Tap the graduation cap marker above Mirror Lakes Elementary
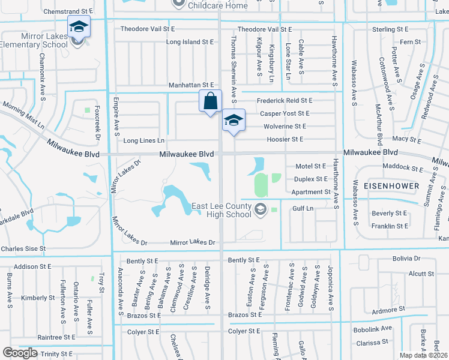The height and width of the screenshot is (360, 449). [x=78, y=27]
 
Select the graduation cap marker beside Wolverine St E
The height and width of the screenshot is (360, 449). [x=234, y=120]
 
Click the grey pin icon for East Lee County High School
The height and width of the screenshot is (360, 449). [x=260, y=209]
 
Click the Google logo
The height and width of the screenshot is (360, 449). [x=20, y=353]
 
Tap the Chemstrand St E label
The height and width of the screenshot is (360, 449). [x=68, y=11]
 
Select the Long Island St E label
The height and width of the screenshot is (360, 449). [x=190, y=42]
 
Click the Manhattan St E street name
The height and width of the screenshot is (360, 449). [x=191, y=86]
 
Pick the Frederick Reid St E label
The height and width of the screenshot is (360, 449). [x=285, y=101]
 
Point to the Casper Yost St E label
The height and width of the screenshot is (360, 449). [x=285, y=113]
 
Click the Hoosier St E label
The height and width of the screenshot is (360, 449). [x=285, y=139]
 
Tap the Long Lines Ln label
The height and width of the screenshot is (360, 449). [x=143, y=140]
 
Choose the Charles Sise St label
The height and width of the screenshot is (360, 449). [x=23, y=248]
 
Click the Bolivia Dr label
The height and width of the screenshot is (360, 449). [x=405, y=259]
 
